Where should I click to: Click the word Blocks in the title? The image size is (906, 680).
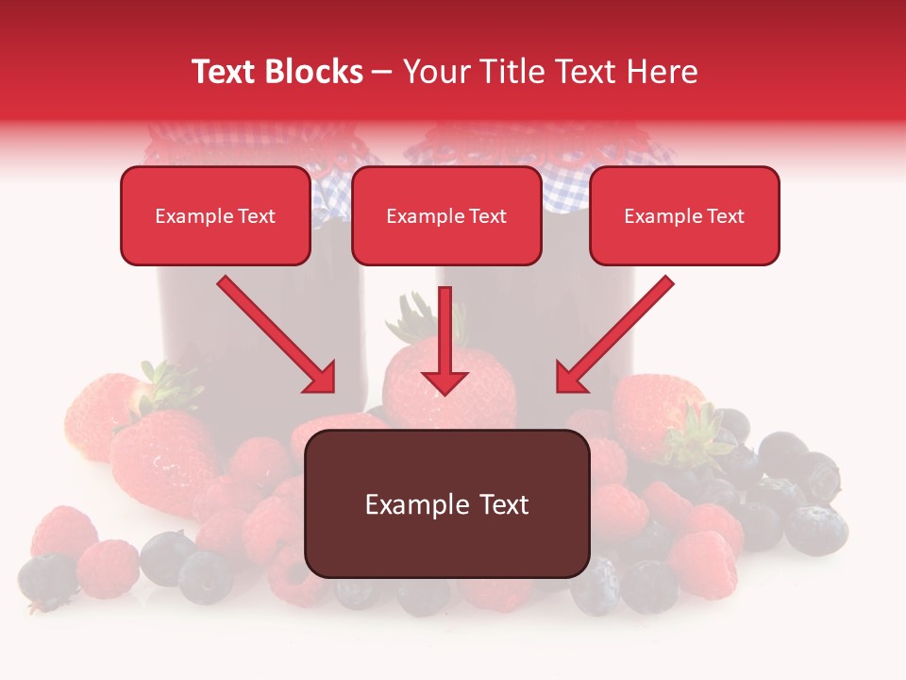click(x=313, y=72)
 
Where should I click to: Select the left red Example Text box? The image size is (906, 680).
click(x=215, y=215)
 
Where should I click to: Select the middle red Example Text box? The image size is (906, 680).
click(x=446, y=215)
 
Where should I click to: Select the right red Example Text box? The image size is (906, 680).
click(x=684, y=215)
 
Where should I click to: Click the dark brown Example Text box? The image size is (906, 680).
click(x=447, y=503)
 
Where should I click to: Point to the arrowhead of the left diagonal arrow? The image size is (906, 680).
click(x=322, y=379)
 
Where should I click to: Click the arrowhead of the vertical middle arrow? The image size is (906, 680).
click(x=445, y=382)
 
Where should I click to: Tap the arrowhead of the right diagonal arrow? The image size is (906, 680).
click(x=569, y=379)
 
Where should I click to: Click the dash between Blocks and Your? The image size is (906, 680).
click(x=382, y=72)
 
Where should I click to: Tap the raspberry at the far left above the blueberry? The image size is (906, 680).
click(x=64, y=531)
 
